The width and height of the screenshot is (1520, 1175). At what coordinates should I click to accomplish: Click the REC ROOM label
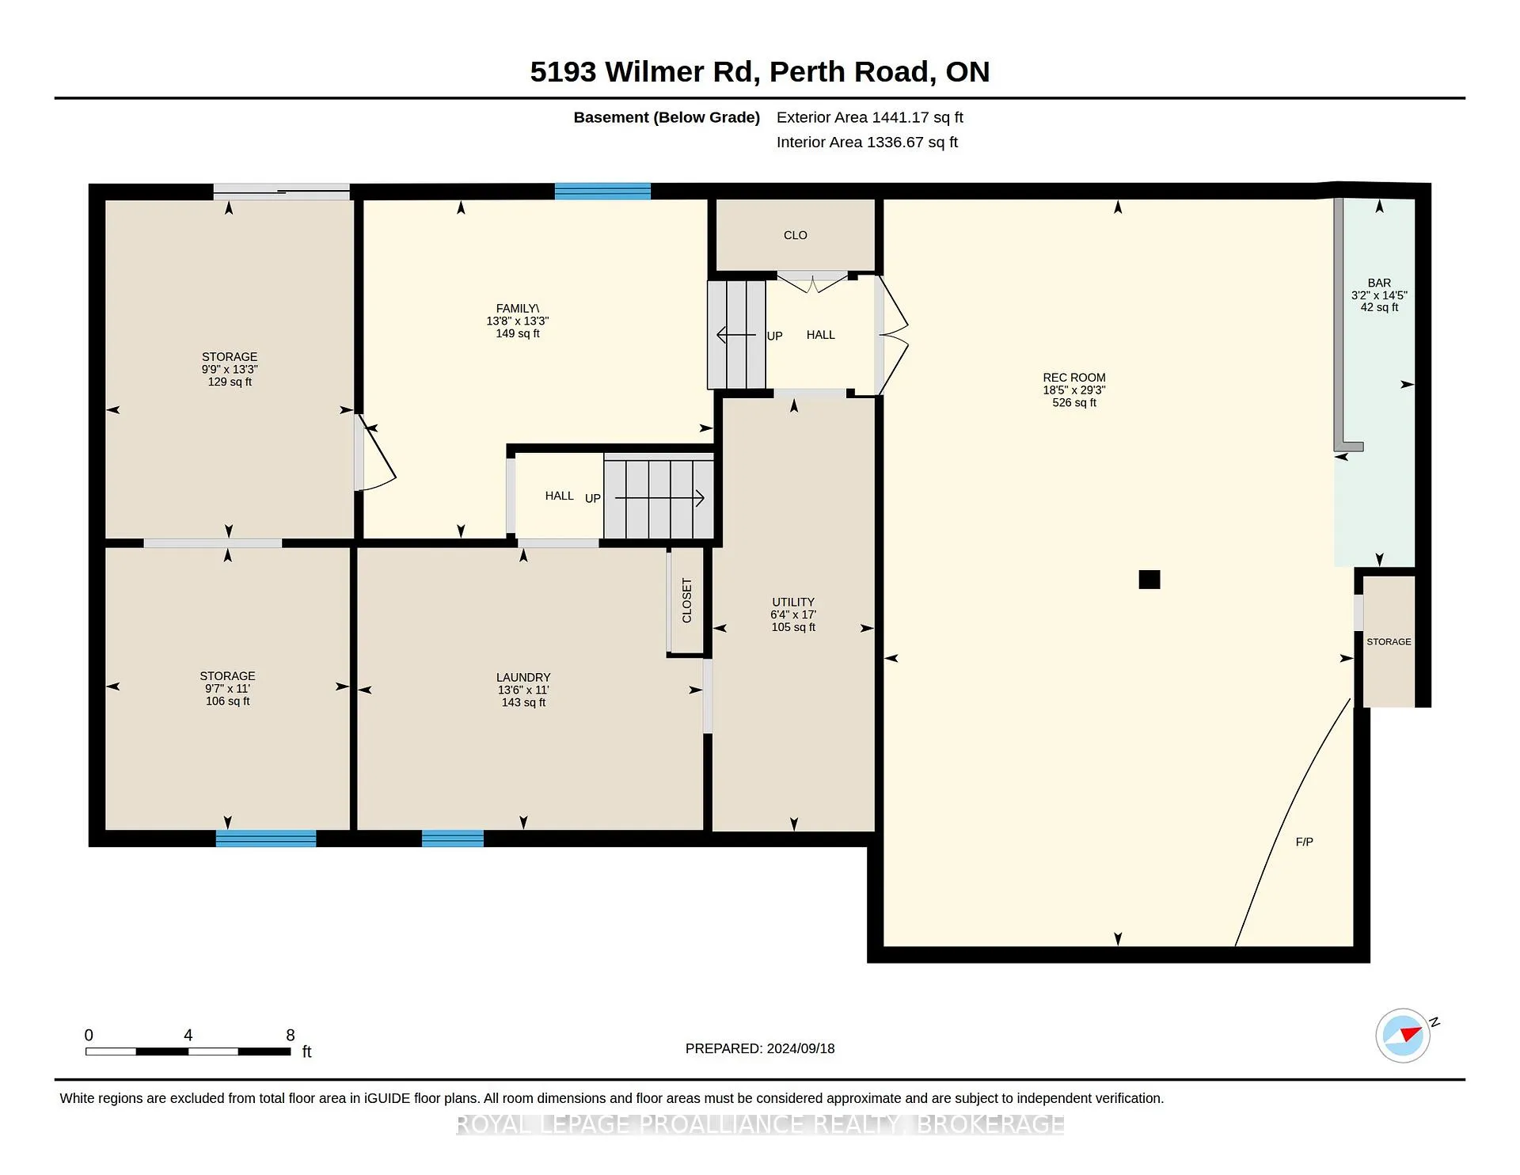tap(1073, 378)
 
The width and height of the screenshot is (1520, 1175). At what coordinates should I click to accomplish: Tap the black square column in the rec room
tap(1149, 580)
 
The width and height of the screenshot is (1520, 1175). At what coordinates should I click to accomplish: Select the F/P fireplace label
tap(1304, 842)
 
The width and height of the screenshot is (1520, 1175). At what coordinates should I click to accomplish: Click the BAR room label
tap(1379, 283)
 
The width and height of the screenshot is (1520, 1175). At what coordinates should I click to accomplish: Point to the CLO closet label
tap(796, 235)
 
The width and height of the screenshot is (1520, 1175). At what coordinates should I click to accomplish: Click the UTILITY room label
tap(793, 602)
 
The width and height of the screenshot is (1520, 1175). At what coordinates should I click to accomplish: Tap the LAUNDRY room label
tap(523, 677)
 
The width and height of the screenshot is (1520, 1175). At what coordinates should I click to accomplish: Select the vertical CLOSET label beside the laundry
tap(686, 601)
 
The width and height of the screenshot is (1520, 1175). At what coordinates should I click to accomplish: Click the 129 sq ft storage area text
tap(230, 382)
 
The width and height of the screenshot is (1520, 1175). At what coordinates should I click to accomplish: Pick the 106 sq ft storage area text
tap(227, 701)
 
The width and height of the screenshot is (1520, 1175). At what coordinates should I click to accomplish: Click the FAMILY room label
tap(517, 309)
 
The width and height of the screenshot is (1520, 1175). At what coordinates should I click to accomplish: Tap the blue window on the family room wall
tap(602, 191)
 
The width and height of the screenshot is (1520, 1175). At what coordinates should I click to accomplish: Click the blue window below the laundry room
tap(453, 838)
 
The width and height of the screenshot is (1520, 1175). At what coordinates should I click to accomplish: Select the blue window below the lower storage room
tap(266, 838)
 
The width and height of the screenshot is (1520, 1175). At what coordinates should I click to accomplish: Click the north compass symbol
tap(1404, 1035)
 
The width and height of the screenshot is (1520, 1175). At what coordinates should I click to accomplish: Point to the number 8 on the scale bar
tap(291, 1035)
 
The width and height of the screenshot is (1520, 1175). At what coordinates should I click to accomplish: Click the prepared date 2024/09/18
tap(800, 1048)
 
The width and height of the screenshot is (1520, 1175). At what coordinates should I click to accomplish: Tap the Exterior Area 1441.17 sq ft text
tap(870, 117)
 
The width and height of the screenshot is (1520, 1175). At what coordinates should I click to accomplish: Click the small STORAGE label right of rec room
tap(1389, 641)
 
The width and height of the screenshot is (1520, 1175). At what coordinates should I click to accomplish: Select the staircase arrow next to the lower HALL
tap(659, 498)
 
